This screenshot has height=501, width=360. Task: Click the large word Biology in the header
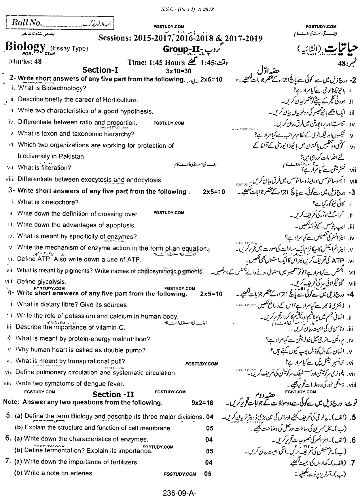[x=26, y=47]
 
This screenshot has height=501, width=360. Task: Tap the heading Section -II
[x=113, y=394]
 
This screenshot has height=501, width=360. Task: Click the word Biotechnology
[x=64, y=88]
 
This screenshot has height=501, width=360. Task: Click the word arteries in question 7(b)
[x=83, y=473]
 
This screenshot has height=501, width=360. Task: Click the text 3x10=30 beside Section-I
[x=179, y=71]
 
